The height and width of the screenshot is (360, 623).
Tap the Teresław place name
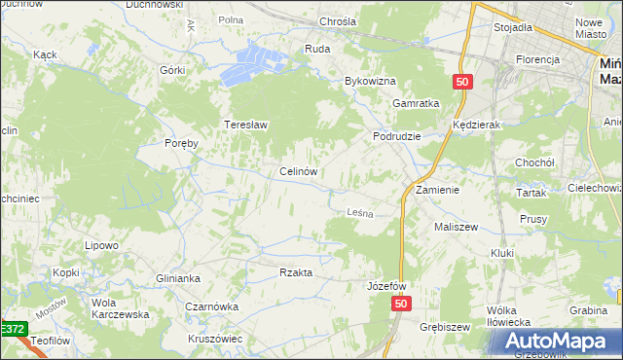(246, 126)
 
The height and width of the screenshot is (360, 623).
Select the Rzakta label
(296, 273)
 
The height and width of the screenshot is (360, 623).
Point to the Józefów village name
(386, 287)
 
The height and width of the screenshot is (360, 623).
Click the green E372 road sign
(13, 330)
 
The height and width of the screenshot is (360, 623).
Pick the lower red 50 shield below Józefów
(403, 306)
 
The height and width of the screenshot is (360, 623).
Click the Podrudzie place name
(396, 136)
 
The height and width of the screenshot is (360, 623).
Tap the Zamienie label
(437, 189)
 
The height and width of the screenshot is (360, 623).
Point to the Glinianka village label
(178, 278)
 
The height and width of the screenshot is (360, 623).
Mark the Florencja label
(538, 59)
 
